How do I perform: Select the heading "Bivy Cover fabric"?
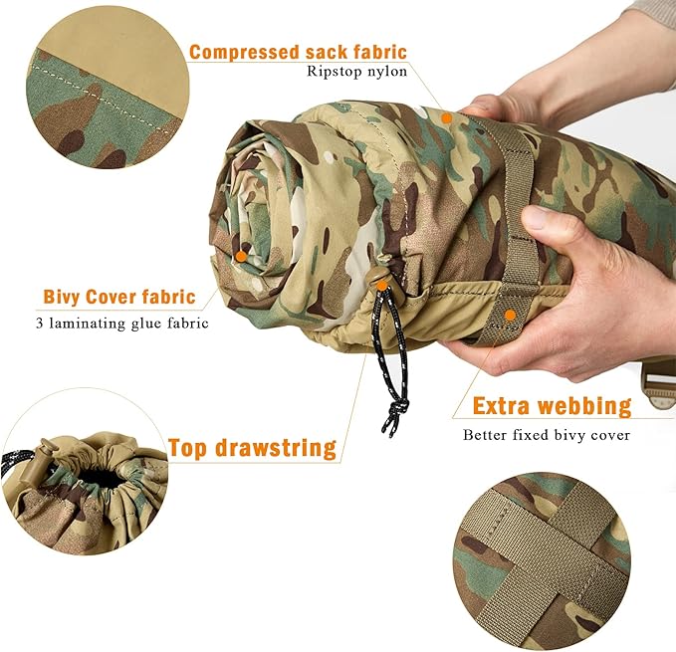pos(119,297)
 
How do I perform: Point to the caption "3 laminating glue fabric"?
pos(119,323)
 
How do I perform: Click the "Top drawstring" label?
pos(252,447)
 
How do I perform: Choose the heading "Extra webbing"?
pos(552,406)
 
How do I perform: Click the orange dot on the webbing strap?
pos(510,316)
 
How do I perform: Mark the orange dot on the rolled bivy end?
pos(241,256)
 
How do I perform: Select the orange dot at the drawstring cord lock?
pos(381,287)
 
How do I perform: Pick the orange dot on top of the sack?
pos(447,118)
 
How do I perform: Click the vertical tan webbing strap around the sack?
pos(506,229)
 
